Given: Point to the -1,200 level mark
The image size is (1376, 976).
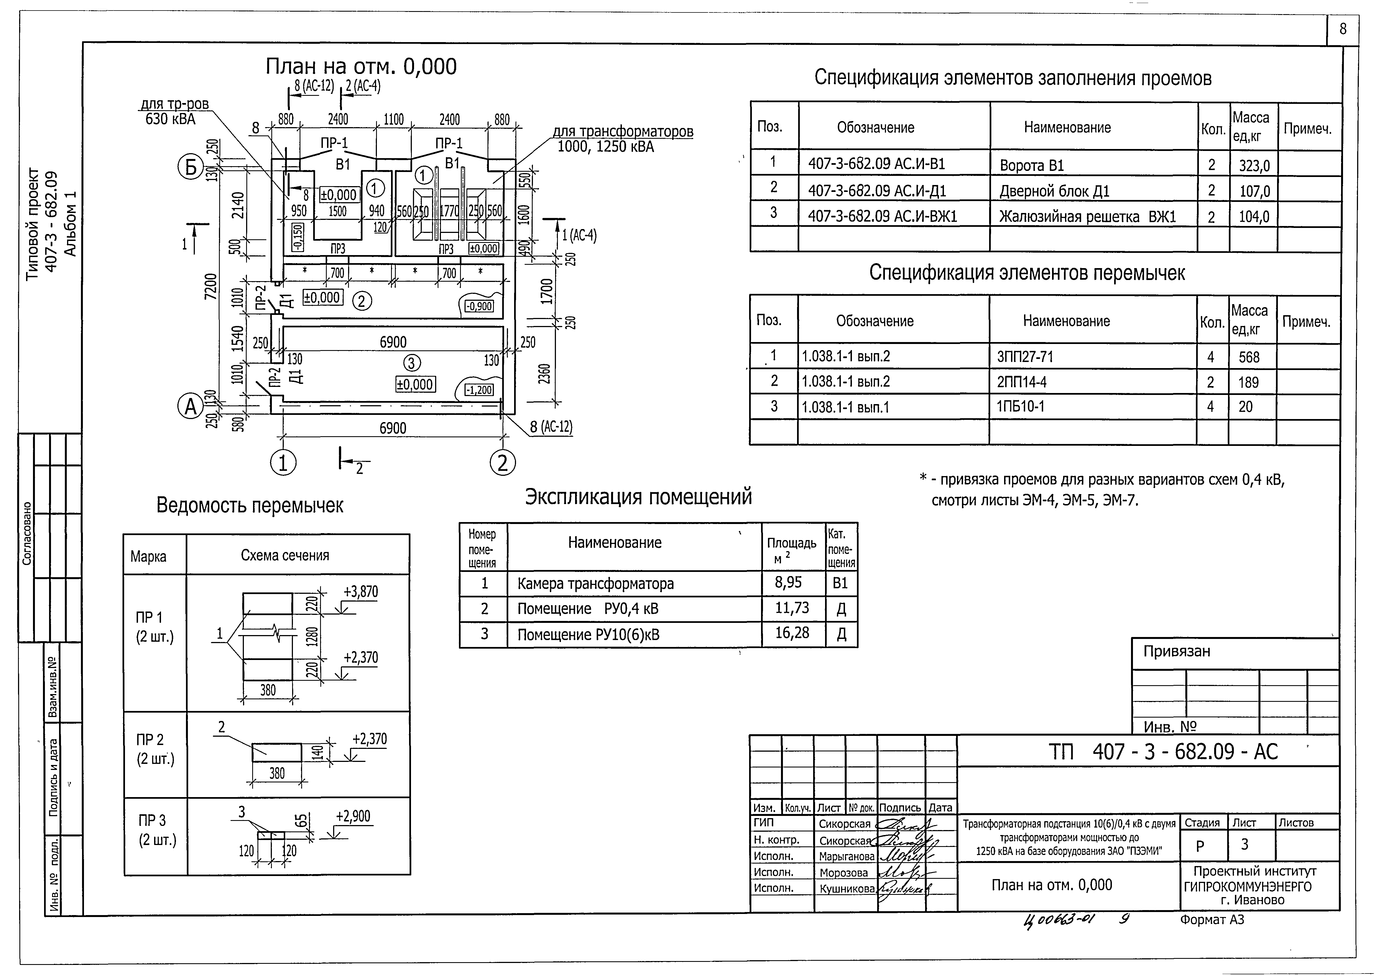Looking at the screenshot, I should point(479,390).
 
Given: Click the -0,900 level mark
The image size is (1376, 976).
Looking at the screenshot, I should point(479,307).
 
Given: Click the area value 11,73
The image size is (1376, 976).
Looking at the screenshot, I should point(792,608).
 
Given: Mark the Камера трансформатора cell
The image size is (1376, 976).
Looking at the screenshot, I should point(595,584).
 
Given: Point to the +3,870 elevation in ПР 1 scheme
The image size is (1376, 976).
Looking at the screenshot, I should point(361,592).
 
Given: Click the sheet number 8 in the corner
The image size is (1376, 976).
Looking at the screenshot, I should point(1342,29).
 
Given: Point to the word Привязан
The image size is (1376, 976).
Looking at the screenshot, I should point(1176,651).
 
